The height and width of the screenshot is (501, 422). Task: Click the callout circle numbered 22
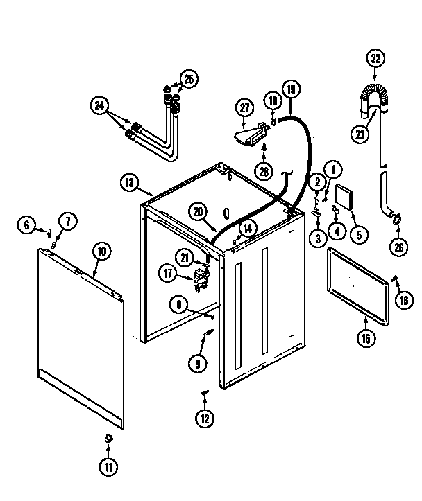[x=376, y=60]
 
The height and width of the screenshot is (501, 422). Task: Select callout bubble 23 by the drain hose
[x=359, y=135]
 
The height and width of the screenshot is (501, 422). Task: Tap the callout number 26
[x=398, y=246]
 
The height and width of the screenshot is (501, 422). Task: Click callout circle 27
[x=27, y=224]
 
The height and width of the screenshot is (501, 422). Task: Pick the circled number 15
[x=366, y=338]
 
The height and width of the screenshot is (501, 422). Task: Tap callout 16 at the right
[x=403, y=299]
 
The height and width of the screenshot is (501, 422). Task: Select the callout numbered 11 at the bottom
[x=109, y=468]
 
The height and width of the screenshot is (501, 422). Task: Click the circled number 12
[x=205, y=417]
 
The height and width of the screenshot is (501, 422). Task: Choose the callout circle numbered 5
[x=358, y=235]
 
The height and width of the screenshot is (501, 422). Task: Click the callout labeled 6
[x=27, y=224]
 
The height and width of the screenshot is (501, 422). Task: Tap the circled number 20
[x=198, y=213]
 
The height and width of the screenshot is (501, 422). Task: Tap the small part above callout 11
[x=108, y=437]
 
